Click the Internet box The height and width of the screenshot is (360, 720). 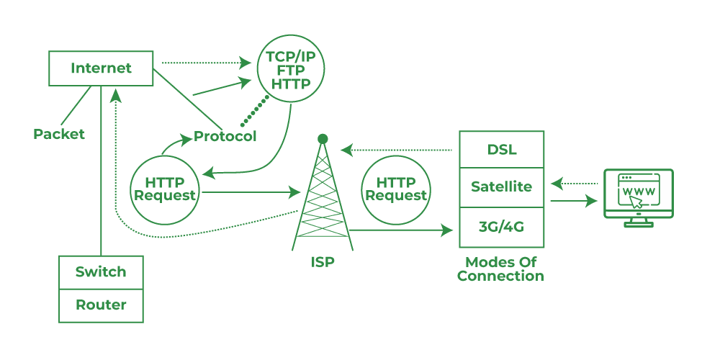click(101, 69)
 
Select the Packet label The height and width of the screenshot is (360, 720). click(59, 134)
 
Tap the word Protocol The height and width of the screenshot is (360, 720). click(225, 136)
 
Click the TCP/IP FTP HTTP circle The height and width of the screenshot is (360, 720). click(291, 70)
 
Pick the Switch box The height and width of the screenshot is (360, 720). click(101, 272)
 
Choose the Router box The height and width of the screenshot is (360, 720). click(101, 305)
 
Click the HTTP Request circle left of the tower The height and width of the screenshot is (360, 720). click(165, 189)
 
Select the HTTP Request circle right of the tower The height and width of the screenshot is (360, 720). click(396, 189)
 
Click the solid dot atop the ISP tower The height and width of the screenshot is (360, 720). click(323, 138)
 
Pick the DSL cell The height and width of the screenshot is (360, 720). click(501, 150)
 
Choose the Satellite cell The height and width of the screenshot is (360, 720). click(501, 187)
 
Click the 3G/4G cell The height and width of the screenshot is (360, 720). click(501, 227)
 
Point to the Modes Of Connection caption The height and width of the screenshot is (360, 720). click(501, 269)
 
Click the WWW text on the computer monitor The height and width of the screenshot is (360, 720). click(638, 192)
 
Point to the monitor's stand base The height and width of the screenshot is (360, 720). click(639, 224)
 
